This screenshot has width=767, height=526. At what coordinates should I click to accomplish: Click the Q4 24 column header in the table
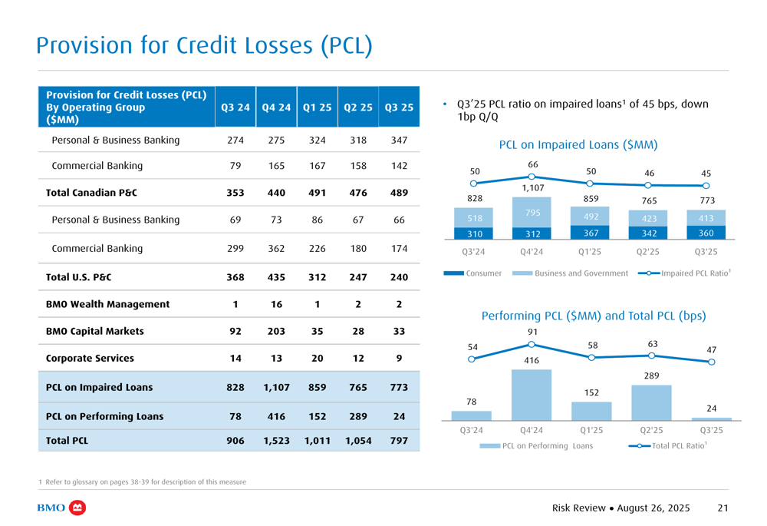pos(276,108)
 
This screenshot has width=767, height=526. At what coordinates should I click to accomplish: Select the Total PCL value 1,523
pos(276,442)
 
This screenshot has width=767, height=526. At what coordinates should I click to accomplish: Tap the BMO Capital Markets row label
pos(95,332)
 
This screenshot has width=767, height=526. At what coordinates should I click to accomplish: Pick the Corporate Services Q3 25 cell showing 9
pos(399,359)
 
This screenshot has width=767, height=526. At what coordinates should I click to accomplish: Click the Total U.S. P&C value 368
pos(235,277)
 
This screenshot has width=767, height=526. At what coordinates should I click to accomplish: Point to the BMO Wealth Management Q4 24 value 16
pos(276,304)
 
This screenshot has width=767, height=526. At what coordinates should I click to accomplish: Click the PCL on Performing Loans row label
pos(104,417)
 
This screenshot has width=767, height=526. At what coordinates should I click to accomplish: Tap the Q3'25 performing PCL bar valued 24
pos(711,418)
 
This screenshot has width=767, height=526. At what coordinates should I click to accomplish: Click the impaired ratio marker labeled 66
pos(532,177)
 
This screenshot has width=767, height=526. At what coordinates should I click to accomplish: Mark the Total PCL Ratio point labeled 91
pos(532,344)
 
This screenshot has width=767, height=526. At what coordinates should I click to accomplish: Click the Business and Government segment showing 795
pos(532,213)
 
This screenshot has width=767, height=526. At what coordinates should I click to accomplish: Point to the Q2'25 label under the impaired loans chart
pos(648,252)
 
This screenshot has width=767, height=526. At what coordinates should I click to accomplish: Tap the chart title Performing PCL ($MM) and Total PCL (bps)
pos(593,316)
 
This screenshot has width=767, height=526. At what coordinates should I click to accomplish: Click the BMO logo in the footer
pos(61,508)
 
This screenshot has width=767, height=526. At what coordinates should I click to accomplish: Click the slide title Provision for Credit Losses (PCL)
pos(204,45)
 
